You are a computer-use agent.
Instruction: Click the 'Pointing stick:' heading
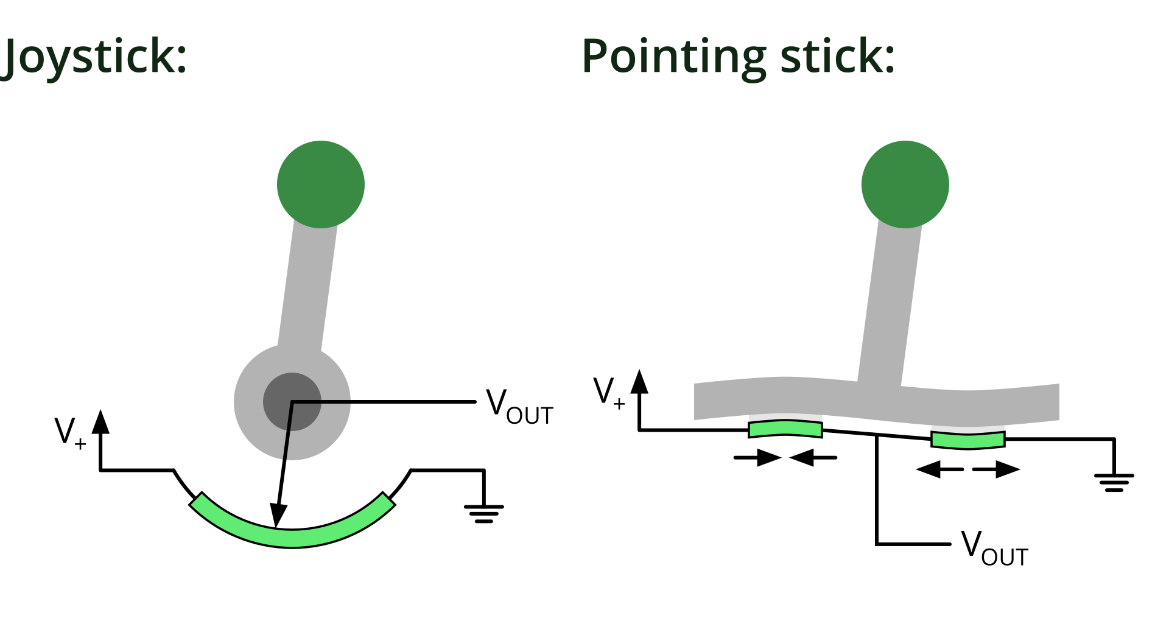coord(738,56)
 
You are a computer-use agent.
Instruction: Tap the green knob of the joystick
coord(321,184)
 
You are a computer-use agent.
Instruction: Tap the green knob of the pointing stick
coord(905,184)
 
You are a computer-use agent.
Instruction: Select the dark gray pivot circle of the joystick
coord(292,402)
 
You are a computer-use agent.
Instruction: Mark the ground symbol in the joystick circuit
coord(484,513)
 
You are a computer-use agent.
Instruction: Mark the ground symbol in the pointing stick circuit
coord(1114,482)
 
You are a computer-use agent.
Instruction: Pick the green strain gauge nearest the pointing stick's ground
coord(968,440)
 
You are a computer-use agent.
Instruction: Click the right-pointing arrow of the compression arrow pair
coord(757,457)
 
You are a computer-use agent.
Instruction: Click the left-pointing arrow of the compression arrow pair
coord(813,457)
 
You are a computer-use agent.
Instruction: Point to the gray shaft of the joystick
coord(307,286)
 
